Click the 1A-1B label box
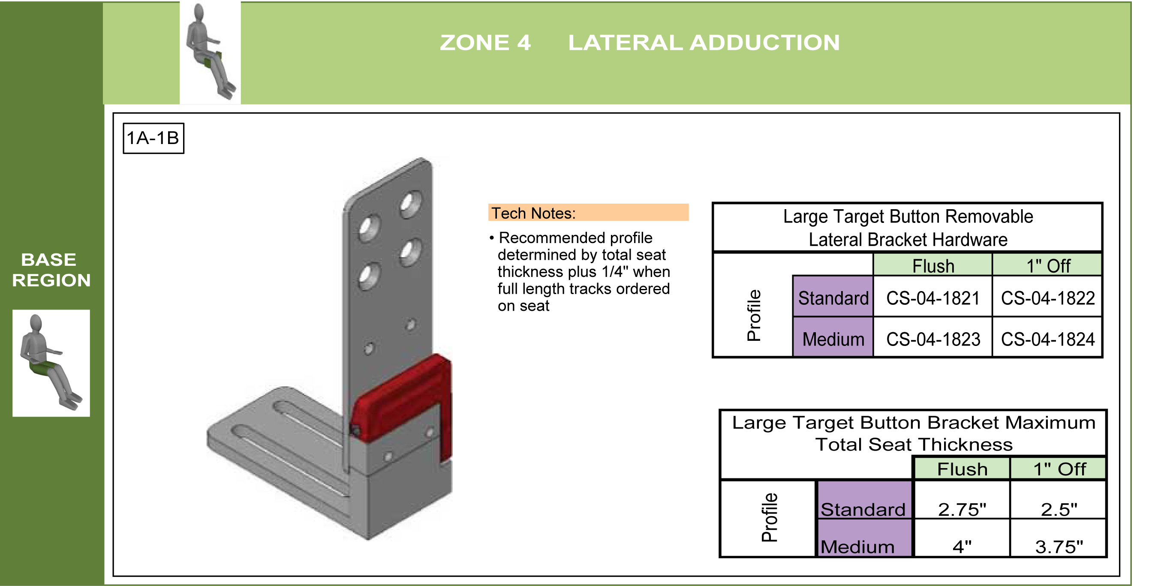pos(153,138)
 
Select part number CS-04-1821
pos(933,298)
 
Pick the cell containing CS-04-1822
pos(1047,298)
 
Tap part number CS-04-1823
pos(933,339)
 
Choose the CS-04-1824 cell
pos(1047,339)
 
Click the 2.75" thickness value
pos(962,509)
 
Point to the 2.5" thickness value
pos(1058,509)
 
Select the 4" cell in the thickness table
pos(962,547)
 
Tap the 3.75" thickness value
pos(1058,547)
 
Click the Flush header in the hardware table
pos(933,266)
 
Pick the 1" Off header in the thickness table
pos(1059,469)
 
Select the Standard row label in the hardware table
pos(833,298)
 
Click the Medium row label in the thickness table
pos(857,547)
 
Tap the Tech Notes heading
pos(533,213)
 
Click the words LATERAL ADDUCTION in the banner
pos(704,42)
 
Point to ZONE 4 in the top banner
pos(485,42)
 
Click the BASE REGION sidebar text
pos(51,270)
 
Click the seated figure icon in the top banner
pos(210,51)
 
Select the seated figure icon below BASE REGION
pos(51,363)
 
